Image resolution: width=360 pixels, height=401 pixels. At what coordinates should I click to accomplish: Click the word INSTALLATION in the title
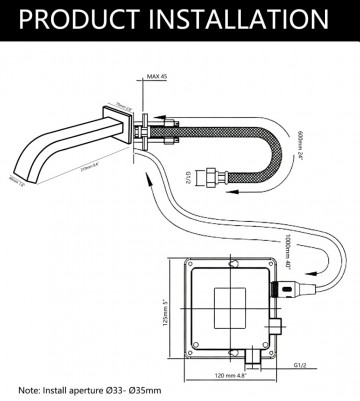239,19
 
